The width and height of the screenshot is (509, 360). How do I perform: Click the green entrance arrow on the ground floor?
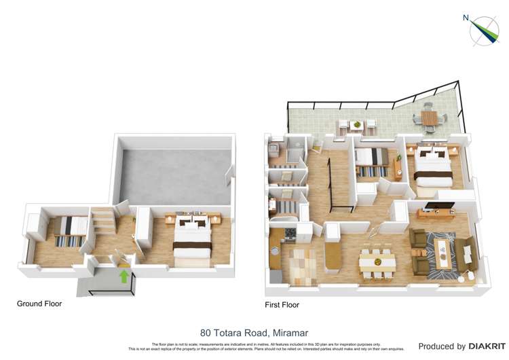(124, 276)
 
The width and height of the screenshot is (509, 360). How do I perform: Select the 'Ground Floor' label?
(39, 304)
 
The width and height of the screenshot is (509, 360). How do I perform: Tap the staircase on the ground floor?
(104, 221)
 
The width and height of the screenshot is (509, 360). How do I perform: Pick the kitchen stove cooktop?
(288, 234)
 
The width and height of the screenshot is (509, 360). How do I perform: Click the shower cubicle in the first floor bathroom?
(295, 152)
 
